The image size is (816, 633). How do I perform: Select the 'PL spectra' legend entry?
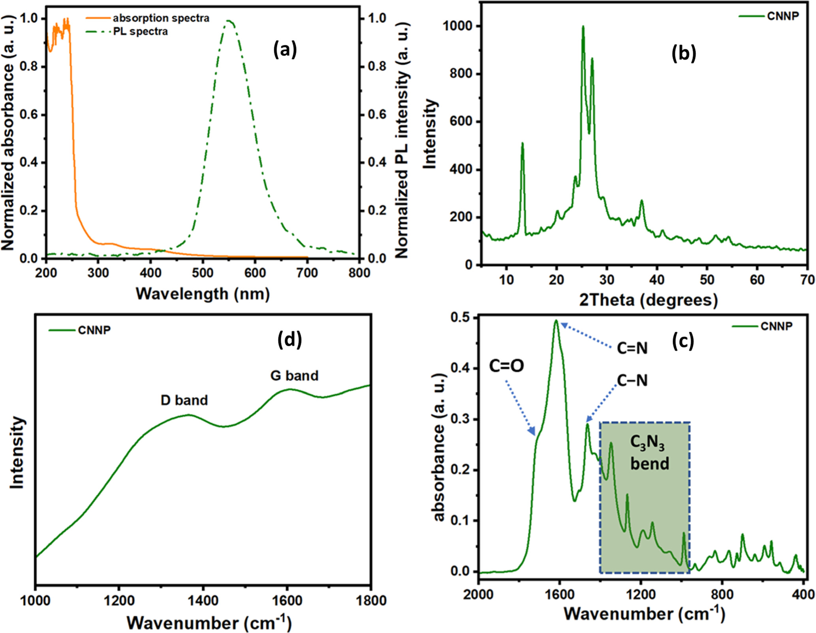click(x=140, y=31)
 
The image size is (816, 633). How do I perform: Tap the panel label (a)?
click(x=285, y=50)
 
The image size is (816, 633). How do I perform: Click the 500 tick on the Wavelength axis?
click(x=203, y=273)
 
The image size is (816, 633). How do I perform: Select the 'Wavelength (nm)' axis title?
click(x=203, y=293)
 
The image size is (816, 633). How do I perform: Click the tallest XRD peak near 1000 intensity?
click(x=583, y=27)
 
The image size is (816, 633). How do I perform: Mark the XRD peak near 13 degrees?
click(x=522, y=144)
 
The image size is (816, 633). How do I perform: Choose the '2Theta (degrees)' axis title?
click(x=648, y=300)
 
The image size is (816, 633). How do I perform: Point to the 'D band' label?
click(x=184, y=400)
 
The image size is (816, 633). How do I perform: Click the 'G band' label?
click(x=294, y=375)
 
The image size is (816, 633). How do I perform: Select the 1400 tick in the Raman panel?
click(x=203, y=601)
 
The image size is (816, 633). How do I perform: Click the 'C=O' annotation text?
click(x=506, y=366)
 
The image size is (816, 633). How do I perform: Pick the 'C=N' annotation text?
click(x=632, y=348)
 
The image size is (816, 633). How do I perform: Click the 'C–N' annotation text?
click(x=632, y=380)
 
